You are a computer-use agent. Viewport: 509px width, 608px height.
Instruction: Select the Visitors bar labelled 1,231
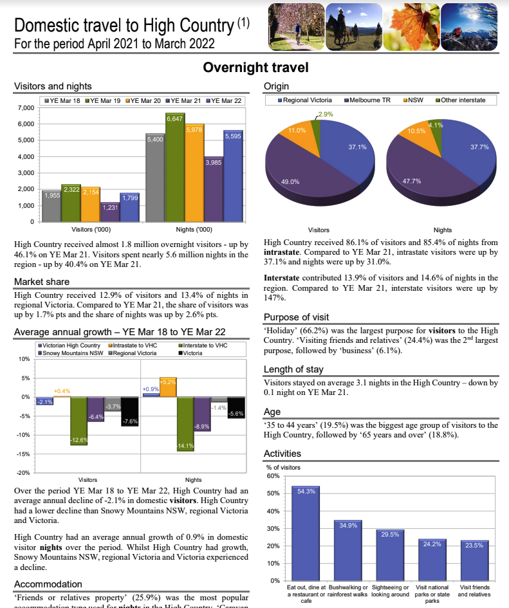pyautogui.click(x=110, y=212)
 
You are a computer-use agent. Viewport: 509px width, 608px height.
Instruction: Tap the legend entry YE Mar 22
pyautogui.click(x=226, y=100)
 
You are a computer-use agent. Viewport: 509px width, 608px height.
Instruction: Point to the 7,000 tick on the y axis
pyautogui.click(x=25, y=107)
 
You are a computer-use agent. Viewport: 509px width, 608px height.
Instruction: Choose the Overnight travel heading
pyautogui.click(x=255, y=68)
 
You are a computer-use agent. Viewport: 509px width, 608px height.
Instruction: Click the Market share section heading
pyautogui.click(x=41, y=282)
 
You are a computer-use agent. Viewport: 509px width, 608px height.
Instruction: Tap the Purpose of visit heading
pyautogui.click(x=296, y=317)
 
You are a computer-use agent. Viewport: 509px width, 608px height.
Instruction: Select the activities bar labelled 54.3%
pyautogui.click(x=306, y=533)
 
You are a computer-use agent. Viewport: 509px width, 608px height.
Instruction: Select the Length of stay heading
pyautogui.click(x=293, y=369)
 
